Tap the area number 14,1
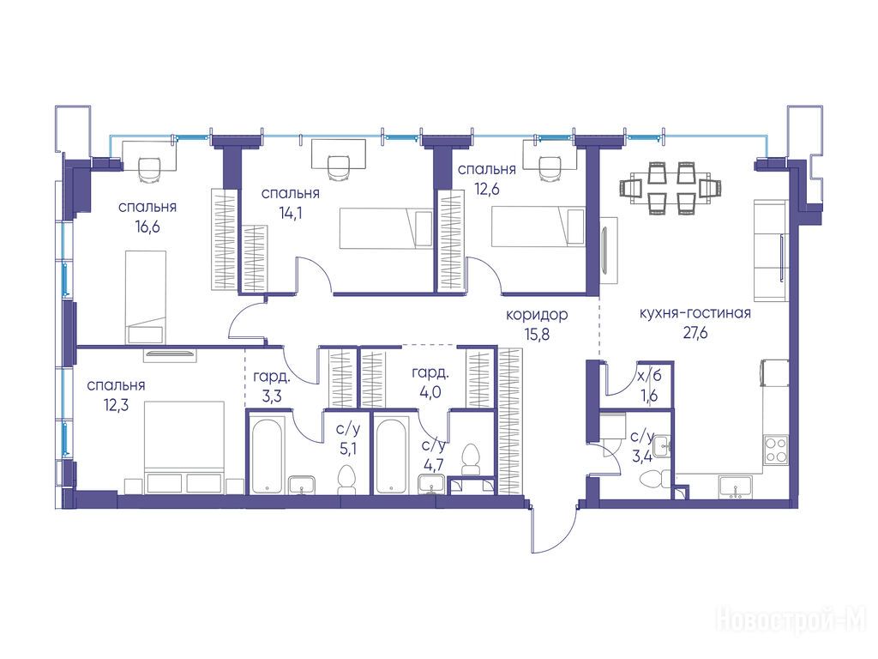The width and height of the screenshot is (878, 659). pos(290,214)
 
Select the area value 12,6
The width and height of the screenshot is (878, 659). pos(487,190)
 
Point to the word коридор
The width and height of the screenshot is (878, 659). pos(537,315)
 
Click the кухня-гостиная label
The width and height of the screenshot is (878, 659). pos(695,313)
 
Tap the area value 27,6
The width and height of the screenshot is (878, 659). pos(695,334)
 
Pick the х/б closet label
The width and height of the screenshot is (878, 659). pos(650,376)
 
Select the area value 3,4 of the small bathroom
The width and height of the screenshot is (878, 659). pos(641,456)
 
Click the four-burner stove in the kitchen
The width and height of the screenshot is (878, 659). pos(776,450)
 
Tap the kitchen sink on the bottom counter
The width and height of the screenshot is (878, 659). pos(736,487)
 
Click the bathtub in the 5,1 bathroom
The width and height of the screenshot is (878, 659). pos(267,455)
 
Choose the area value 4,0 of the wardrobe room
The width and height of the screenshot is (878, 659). pos(430,392)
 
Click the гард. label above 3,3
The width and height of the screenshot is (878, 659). pos(272,376)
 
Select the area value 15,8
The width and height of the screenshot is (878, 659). pos(537,335)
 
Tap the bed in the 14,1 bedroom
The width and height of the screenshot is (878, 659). pos(387,228)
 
